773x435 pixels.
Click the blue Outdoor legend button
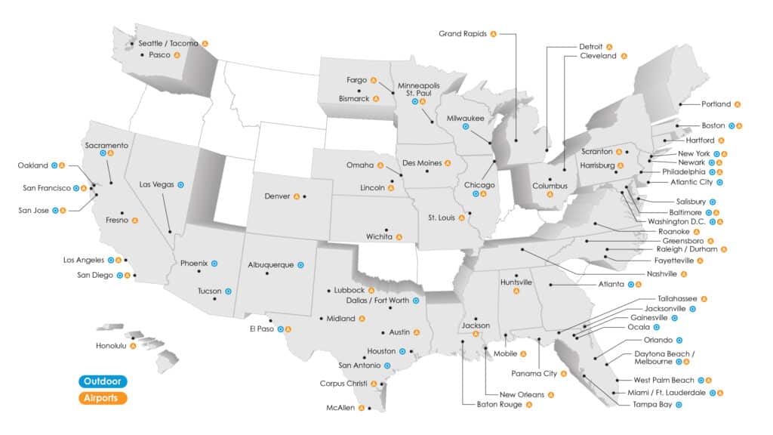click(101, 381)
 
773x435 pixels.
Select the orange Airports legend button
click(101, 397)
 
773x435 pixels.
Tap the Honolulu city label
click(112, 346)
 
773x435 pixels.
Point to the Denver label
click(277, 196)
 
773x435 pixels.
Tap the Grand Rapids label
click(463, 33)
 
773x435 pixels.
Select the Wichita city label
click(379, 236)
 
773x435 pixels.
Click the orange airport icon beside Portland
click(737, 104)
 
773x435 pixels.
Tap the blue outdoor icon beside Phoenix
click(214, 264)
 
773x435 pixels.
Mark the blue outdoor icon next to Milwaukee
click(466, 127)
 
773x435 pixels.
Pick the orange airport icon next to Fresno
click(134, 221)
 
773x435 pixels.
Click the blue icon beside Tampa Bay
click(679, 405)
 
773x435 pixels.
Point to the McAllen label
click(341, 408)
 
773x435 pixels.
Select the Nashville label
click(662, 273)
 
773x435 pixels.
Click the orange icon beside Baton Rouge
click(528, 405)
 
